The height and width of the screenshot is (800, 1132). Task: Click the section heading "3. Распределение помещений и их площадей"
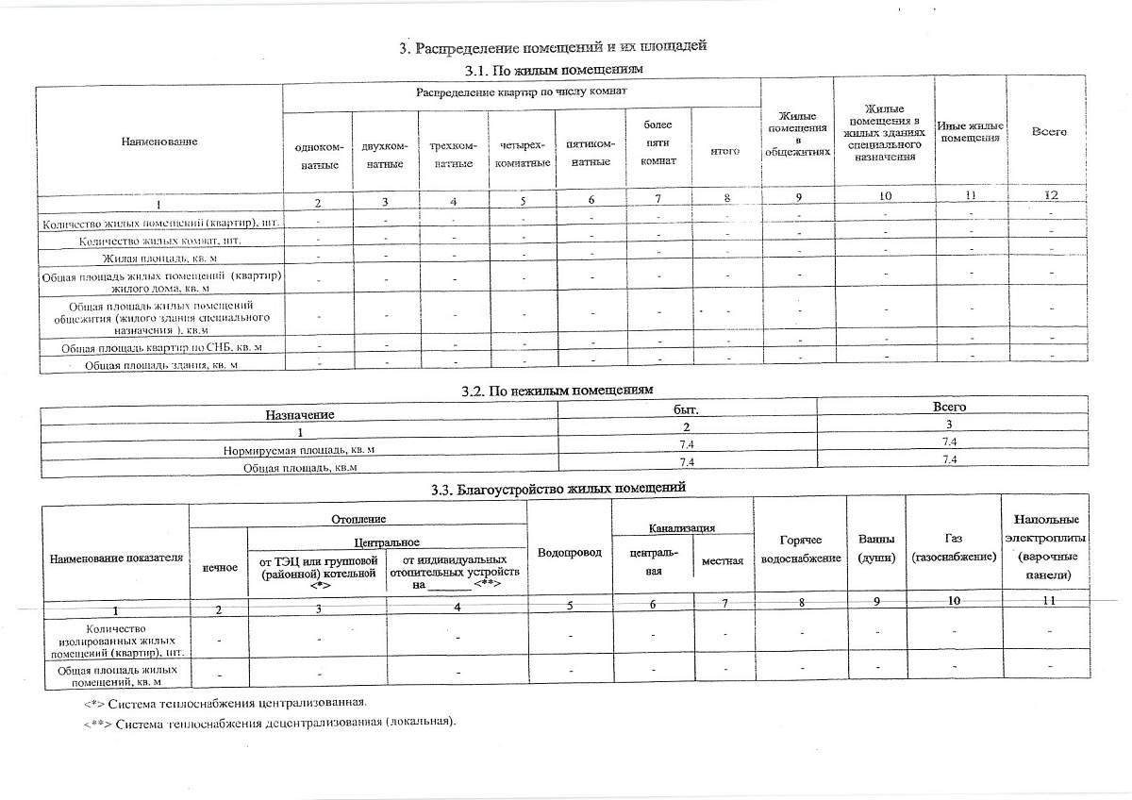click(552, 47)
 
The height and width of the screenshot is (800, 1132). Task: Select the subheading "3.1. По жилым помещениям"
click(554, 70)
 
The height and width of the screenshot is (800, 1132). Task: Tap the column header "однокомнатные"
click(318, 156)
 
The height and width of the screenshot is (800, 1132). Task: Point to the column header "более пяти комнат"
click(658, 142)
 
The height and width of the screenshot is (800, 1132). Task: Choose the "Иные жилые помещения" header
click(970, 132)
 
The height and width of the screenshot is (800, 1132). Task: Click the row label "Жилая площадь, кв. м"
click(159, 258)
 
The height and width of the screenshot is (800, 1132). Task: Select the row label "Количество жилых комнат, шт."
click(159, 241)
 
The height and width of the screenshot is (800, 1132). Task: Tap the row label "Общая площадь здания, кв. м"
click(161, 364)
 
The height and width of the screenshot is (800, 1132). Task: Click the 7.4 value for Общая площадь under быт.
click(686, 460)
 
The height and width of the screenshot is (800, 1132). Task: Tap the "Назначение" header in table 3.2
click(299, 414)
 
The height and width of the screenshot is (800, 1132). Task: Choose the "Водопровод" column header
click(569, 552)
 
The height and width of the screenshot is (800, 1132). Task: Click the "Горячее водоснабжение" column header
click(801, 549)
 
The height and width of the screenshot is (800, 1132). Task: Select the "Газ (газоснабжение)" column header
click(953, 548)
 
